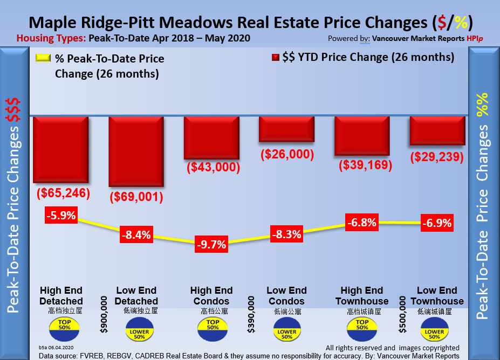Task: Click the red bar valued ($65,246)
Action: (x=60, y=150)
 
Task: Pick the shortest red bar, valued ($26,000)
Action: (x=286, y=129)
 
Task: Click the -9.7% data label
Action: (x=211, y=244)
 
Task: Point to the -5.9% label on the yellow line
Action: (x=60, y=217)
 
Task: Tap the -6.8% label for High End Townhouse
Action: (x=362, y=222)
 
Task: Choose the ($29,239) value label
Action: (x=437, y=157)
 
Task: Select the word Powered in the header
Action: (x=343, y=39)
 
